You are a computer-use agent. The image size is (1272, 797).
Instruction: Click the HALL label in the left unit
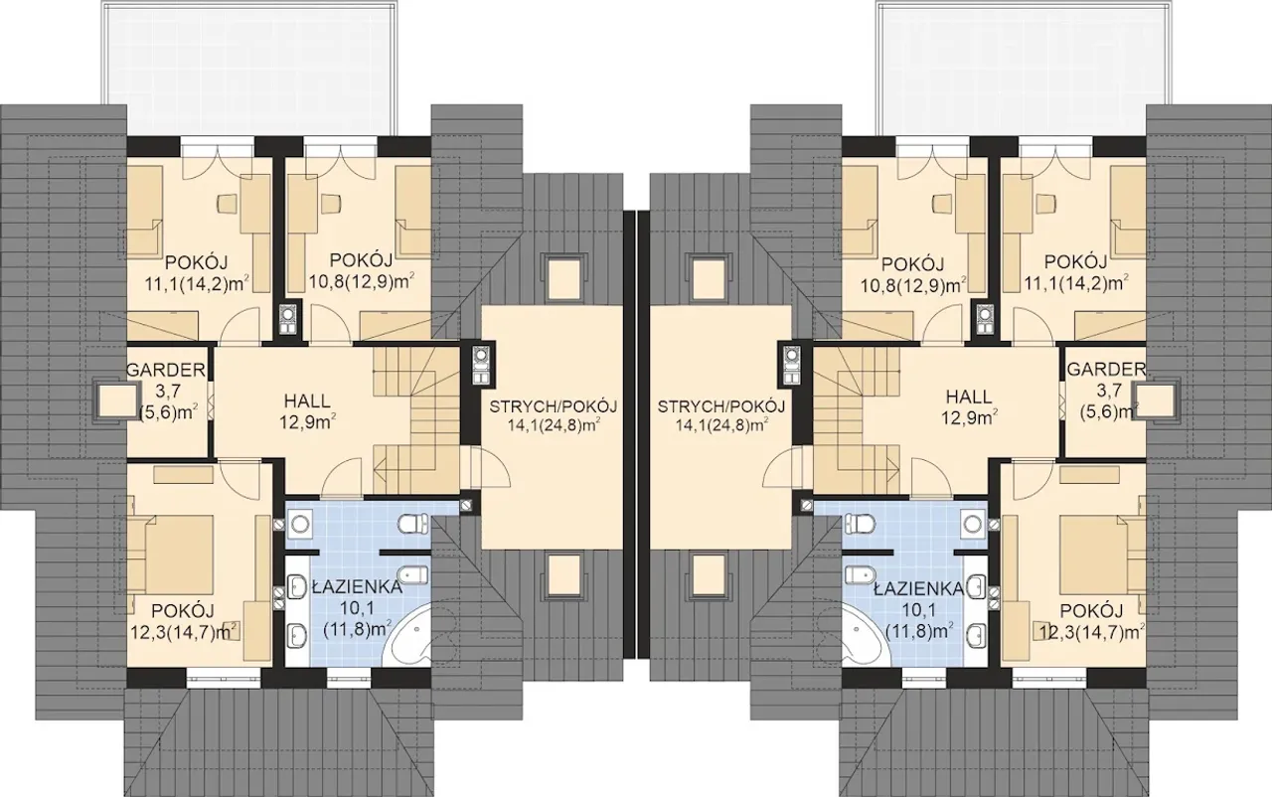[307, 400]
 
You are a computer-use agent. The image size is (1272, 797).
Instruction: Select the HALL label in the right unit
[969, 396]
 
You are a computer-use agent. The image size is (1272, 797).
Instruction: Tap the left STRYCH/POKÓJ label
[554, 406]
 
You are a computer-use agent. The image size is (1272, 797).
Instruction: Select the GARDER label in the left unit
[165, 370]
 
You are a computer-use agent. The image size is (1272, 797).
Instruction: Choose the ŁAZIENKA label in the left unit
[357, 587]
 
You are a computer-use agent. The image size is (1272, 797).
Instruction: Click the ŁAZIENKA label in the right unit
[918, 589]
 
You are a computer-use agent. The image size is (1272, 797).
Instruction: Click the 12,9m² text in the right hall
[969, 418]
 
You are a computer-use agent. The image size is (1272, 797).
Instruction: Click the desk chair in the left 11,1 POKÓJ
[228, 203]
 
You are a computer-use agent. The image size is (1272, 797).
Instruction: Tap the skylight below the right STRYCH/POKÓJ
[710, 575]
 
